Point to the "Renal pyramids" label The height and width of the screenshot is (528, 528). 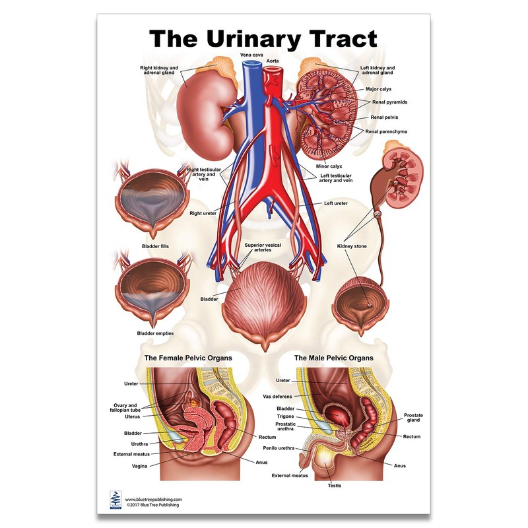pyautogui.click(x=388, y=102)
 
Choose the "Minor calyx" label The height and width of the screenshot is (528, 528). pyautogui.click(x=329, y=166)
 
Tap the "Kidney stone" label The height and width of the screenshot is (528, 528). pyautogui.click(x=352, y=246)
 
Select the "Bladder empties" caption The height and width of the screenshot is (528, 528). pyautogui.click(x=155, y=333)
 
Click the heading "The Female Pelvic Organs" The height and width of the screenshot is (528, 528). pyautogui.click(x=187, y=358)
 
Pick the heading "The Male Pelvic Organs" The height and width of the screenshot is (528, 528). pyautogui.click(x=333, y=358)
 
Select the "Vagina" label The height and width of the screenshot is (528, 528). pyautogui.click(x=140, y=465)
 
